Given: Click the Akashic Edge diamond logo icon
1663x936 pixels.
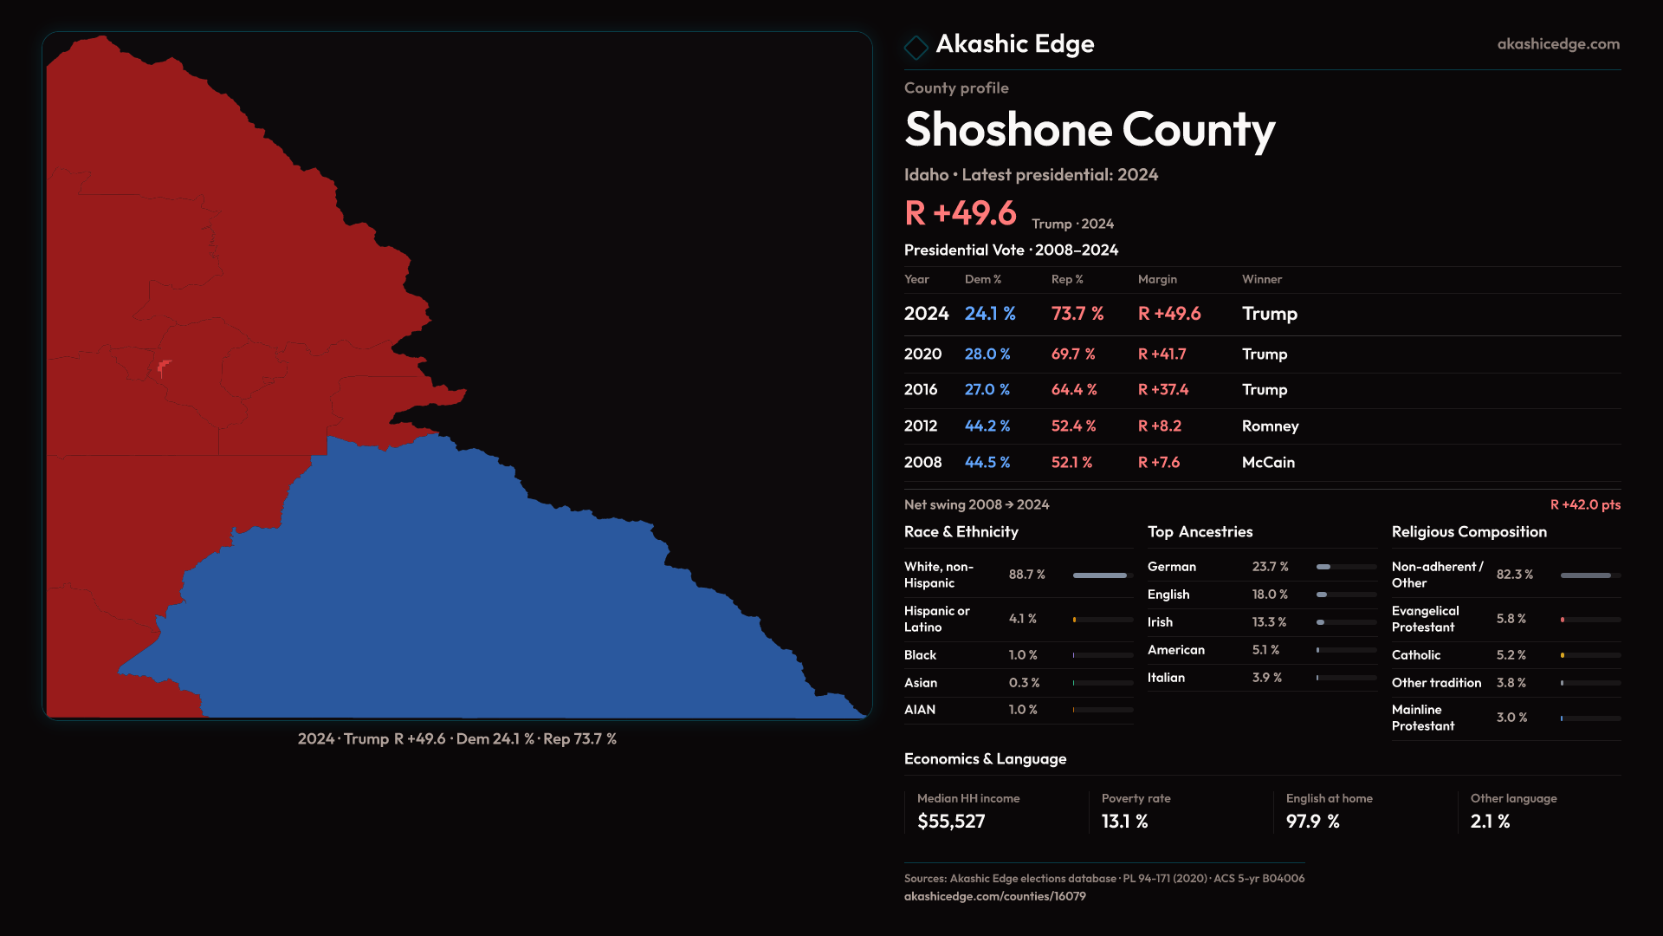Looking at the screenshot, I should (x=916, y=46).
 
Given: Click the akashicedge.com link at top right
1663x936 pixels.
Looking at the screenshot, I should (x=1557, y=44).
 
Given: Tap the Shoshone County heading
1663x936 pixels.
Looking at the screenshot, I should (x=1089, y=130).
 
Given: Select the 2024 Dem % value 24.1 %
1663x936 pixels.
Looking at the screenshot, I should (x=990, y=314).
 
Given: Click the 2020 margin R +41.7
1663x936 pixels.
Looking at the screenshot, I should (x=1162, y=354).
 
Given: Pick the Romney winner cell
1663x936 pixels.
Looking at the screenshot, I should (x=1270, y=426).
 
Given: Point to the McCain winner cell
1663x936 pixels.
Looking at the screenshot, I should (x=1268, y=463).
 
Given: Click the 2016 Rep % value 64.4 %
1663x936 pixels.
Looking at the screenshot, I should (x=1073, y=390).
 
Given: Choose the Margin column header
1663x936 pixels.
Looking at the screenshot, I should (x=1157, y=280).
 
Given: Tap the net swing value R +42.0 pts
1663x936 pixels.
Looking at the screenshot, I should (x=1584, y=505).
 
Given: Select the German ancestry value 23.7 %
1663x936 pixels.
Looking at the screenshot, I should (x=1270, y=567).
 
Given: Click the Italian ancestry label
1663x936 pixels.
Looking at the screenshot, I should (x=1166, y=678).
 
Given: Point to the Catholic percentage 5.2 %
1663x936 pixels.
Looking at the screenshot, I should (x=1511, y=655).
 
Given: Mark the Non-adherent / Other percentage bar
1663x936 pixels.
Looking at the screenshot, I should (x=1589, y=575).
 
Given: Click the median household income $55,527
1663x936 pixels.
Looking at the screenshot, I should (x=951, y=822).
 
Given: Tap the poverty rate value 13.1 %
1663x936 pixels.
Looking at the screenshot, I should (x=1124, y=822).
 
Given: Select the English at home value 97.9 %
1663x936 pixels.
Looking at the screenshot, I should (x=1312, y=822).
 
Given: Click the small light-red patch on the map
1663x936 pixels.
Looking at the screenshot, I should (x=163, y=368).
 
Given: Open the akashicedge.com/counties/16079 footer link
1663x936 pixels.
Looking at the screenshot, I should (x=994, y=897).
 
